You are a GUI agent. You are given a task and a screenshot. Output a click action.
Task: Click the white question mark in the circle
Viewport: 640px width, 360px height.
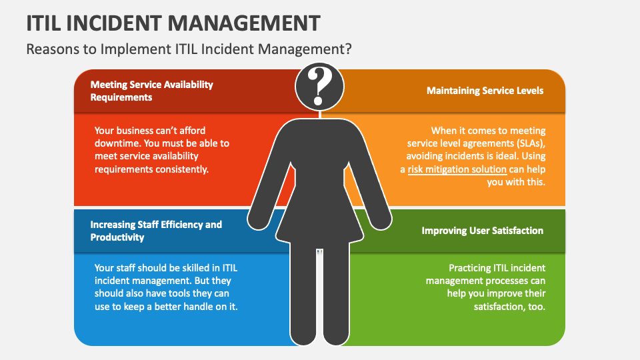click(x=319, y=86)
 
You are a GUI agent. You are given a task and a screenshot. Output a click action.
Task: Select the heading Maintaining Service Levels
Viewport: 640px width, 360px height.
click(x=485, y=91)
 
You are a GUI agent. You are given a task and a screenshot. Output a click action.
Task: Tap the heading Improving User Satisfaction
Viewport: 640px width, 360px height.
click(x=483, y=231)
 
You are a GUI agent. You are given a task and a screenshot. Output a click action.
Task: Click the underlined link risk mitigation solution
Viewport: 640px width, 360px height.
click(x=457, y=169)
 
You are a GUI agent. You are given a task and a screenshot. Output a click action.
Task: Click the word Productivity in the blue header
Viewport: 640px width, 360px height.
click(x=117, y=237)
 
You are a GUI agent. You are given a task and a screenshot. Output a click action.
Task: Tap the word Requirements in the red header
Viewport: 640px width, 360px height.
click(x=121, y=97)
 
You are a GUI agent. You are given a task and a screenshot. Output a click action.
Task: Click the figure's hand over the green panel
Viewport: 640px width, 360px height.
click(x=381, y=221)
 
